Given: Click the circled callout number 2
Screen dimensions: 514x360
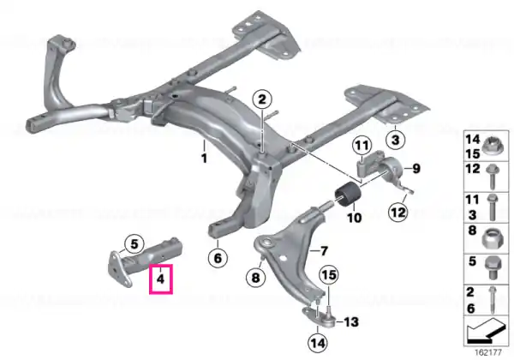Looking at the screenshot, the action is [262, 99].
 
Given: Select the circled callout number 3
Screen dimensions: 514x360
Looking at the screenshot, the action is [395, 140].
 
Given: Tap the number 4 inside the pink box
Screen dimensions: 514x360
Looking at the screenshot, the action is [160, 279].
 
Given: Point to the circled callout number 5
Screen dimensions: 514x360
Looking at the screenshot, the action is [134, 244].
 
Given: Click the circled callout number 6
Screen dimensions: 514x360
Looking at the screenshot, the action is [218, 258].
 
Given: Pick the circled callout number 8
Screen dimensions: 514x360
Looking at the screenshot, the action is [255, 278].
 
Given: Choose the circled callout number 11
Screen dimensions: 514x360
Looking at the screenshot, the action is [362, 145].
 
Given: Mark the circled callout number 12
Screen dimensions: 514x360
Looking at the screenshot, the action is [398, 212].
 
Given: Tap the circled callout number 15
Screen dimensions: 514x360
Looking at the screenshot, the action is [329, 275].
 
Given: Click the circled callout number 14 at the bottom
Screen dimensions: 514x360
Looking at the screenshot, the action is [318, 343].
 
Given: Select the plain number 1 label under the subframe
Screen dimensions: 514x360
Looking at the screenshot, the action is [204, 158].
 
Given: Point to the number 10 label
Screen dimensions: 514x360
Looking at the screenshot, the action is [354, 218].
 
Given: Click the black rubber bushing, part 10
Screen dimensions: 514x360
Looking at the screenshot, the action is [348, 195].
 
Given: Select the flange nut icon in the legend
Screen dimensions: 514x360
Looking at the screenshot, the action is [491, 146].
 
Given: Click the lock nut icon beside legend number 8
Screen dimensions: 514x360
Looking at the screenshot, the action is [491, 238].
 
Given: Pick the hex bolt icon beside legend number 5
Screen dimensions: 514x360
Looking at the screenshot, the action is [492, 267].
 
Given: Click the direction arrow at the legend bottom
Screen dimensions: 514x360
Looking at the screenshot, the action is [485, 330].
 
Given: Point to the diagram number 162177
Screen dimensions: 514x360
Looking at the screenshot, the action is [487, 353].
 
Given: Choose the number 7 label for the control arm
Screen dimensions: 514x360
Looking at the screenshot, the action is [324, 251].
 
